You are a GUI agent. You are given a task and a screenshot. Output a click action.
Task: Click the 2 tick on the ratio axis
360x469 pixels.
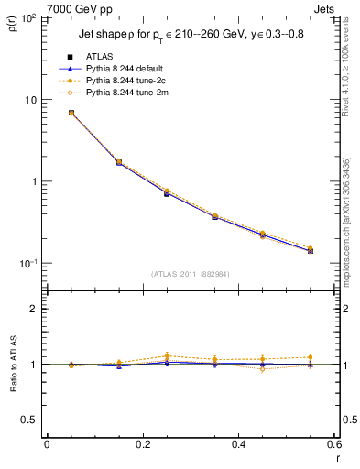click(x=37, y=310)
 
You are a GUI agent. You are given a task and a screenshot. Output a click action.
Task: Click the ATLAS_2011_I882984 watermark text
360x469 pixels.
click(x=190, y=273)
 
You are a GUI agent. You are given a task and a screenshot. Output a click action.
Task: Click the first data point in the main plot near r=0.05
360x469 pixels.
click(x=71, y=113)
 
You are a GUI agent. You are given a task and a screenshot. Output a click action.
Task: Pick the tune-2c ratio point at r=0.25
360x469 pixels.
click(x=167, y=355)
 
